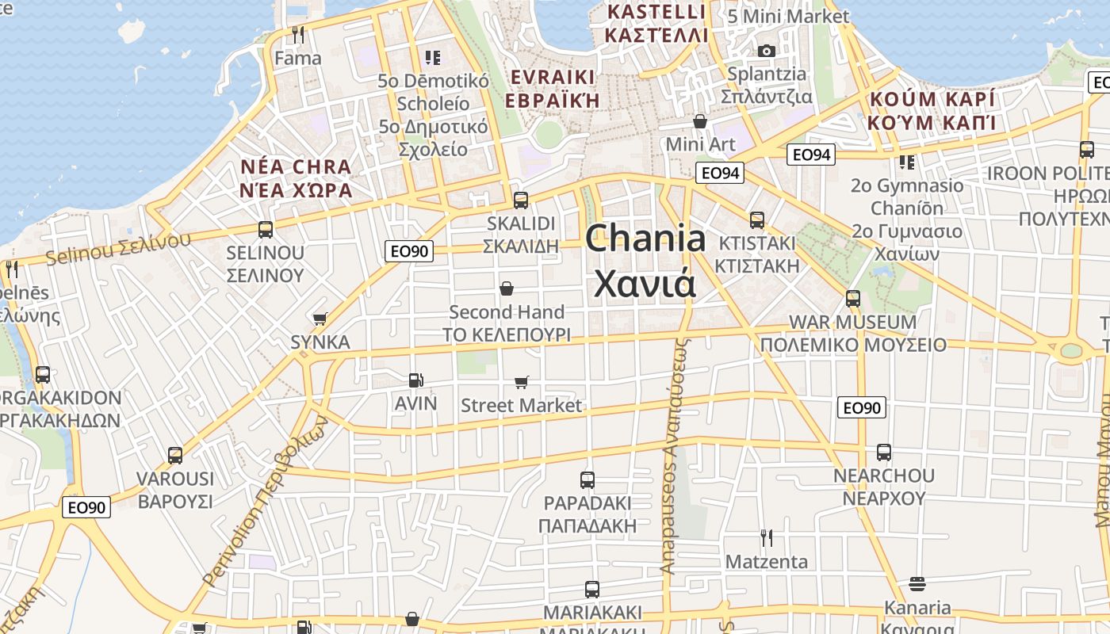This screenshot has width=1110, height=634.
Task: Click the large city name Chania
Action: (x=645, y=238)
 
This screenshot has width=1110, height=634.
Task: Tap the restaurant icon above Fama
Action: (x=298, y=35)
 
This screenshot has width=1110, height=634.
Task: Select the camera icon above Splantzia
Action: (x=766, y=51)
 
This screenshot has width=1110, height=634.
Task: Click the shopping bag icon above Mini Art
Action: (x=700, y=121)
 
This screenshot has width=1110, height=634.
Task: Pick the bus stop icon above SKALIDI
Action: (x=521, y=200)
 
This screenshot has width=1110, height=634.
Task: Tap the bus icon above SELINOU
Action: (x=266, y=230)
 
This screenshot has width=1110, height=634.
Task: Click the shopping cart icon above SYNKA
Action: (x=320, y=319)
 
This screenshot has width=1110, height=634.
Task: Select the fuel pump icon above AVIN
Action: (x=416, y=380)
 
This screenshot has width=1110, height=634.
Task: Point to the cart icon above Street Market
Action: (x=522, y=383)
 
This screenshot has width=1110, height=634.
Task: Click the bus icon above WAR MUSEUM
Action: (x=853, y=299)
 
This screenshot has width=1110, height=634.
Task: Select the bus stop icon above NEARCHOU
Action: (x=884, y=453)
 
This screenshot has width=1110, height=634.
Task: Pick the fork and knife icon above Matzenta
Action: (x=767, y=538)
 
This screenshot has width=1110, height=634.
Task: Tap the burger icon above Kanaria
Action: (x=917, y=584)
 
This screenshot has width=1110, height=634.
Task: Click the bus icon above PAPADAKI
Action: (x=588, y=479)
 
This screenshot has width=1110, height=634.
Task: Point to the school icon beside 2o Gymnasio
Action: (x=907, y=162)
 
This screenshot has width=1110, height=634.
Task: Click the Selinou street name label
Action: (x=119, y=249)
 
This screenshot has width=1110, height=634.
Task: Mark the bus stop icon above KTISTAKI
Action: (x=757, y=220)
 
